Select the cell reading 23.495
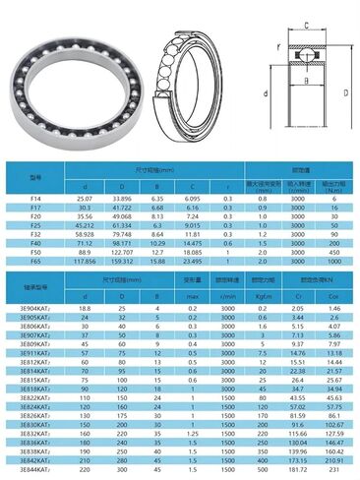(x=192, y=262)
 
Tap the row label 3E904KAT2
(x=34, y=307)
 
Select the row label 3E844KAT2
(x=34, y=472)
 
